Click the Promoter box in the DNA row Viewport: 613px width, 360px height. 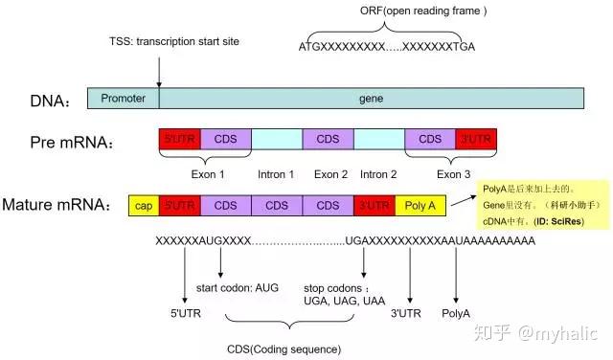(x=123, y=98)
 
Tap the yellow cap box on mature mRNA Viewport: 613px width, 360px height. (x=143, y=205)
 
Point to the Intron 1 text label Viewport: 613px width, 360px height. (x=276, y=175)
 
